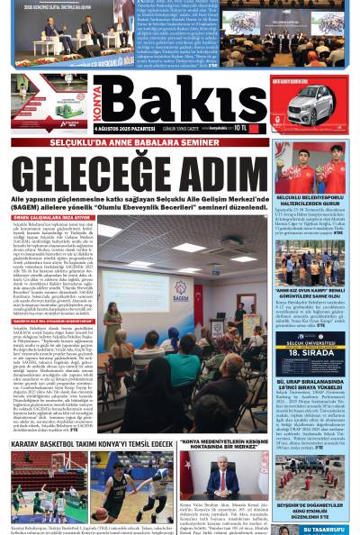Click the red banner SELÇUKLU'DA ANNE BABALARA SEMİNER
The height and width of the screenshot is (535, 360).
tap(139, 142)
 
